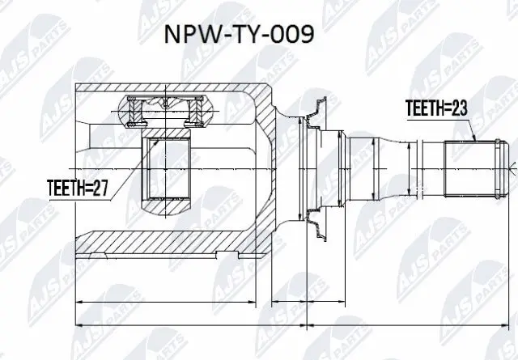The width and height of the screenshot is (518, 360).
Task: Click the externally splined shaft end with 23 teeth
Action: point(469,167)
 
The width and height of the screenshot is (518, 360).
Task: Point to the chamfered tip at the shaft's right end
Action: point(496,167)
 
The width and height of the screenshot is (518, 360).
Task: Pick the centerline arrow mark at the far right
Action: point(513,167)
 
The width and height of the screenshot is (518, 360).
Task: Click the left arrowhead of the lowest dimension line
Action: point(78,326)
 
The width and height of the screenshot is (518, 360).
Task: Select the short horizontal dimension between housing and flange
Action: point(287,302)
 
